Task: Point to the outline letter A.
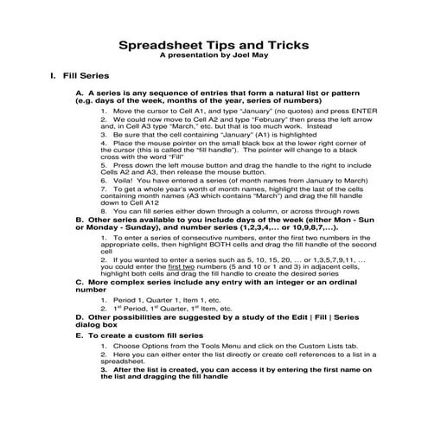80,93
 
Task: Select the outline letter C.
80,281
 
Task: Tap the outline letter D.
80,317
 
